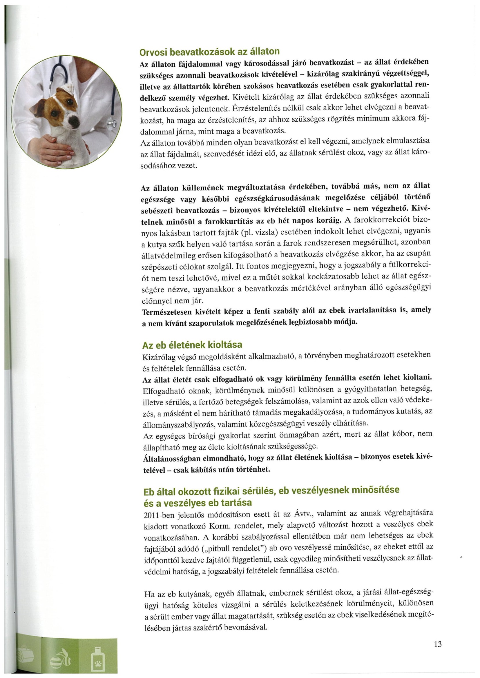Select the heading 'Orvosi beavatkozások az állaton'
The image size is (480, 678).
point(209,52)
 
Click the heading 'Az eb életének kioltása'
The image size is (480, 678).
point(192,345)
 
